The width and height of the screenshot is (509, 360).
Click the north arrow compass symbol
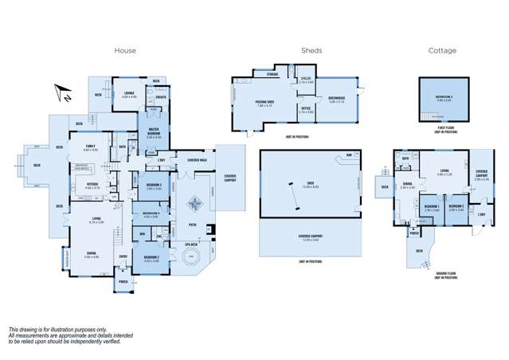[61, 94]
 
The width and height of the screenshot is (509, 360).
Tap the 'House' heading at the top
[125, 50]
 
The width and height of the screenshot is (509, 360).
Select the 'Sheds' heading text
[311, 50]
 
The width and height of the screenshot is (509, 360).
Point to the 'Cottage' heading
[443, 50]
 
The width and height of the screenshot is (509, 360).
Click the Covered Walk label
[197, 160]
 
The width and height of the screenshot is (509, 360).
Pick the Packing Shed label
[265, 103]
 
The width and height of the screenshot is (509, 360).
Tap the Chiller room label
[306, 79]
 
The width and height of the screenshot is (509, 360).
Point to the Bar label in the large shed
[348, 155]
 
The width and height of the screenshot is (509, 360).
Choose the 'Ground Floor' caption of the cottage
[445, 274]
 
